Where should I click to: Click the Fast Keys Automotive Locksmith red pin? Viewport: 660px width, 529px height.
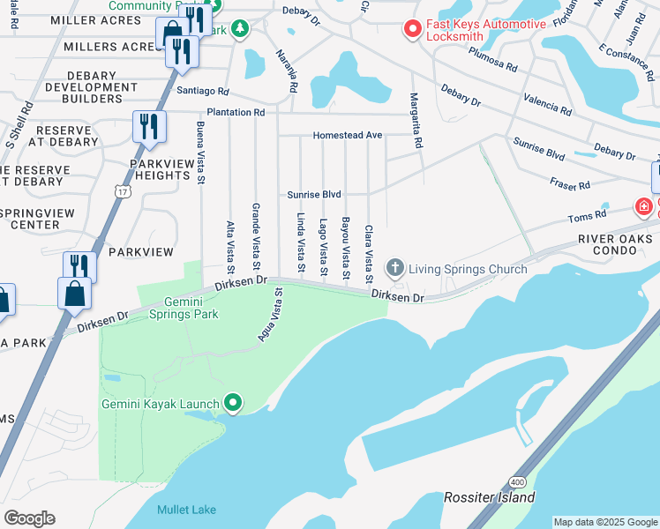pos(411,30)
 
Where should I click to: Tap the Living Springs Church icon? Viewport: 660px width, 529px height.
pos(395,267)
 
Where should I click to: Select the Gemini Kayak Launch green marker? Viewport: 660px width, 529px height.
pos(233,404)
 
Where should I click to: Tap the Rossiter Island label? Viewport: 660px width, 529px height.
pos(490,497)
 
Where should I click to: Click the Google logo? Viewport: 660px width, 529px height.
pos(29,518)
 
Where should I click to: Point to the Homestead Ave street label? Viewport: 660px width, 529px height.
pos(349,136)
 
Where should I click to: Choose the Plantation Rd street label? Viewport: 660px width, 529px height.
pos(236,113)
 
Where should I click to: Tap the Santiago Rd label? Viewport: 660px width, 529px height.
pos(202,91)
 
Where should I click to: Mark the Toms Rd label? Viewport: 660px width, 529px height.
pos(587,215)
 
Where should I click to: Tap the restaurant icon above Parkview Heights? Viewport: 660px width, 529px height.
pos(149,127)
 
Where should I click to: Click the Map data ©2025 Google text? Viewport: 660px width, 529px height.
pos(604,522)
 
